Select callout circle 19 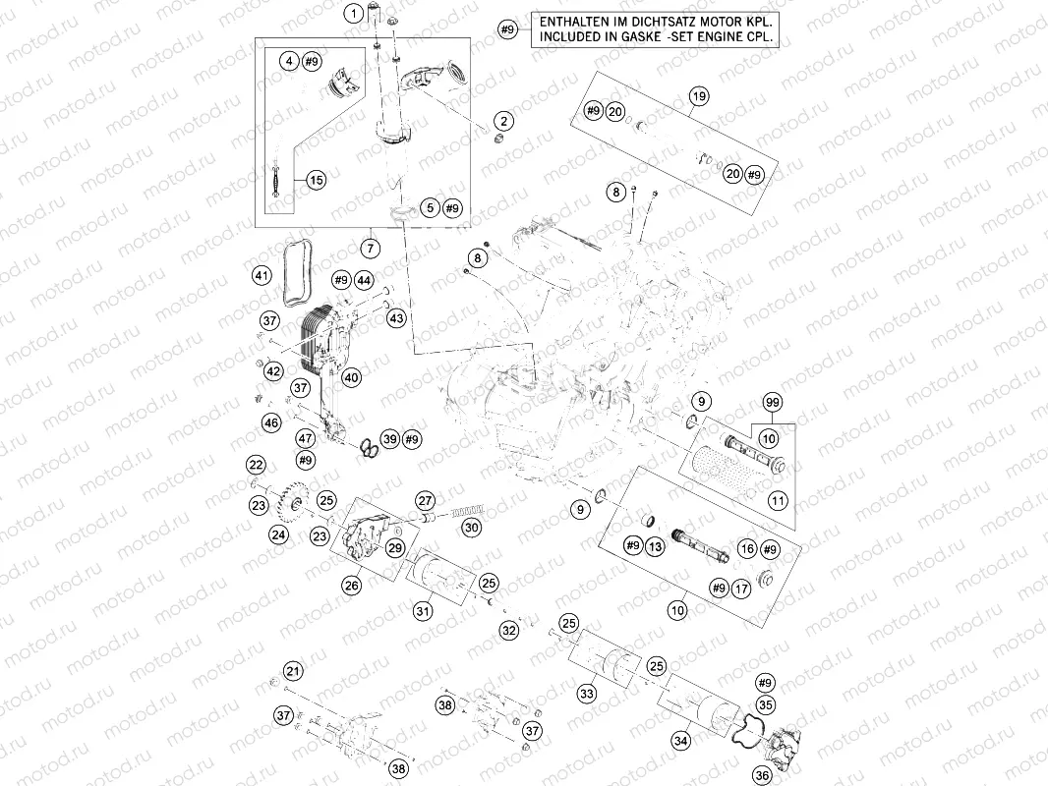[x=698, y=96]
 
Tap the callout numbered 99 [x=773, y=403]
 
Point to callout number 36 [x=762, y=774]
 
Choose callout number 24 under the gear [x=279, y=535]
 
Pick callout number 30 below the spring [x=472, y=528]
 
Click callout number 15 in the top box [x=316, y=180]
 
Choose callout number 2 [x=503, y=121]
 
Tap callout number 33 [x=586, y=694]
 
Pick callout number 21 [x=292, y=671]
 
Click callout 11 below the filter [x=778, y=500]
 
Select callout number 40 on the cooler [x=352, y=377]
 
